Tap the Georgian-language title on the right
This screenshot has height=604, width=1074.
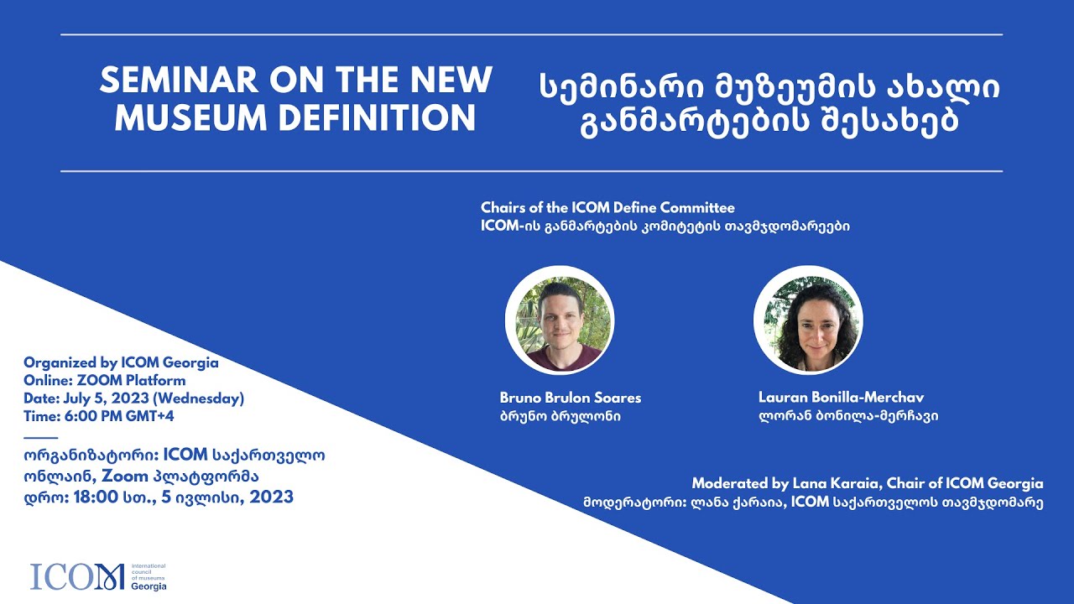[x=769, y=103]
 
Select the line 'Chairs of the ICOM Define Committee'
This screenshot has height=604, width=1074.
[x=607, y=207]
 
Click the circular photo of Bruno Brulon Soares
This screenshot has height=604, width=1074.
[x=560, y=320]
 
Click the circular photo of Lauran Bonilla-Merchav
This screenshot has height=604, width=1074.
[x=808, y=320]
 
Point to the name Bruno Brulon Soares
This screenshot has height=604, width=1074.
[x=570, y=398]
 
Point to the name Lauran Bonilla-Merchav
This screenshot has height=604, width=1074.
[x=840, y=398]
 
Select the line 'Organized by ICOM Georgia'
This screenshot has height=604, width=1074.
[x=121, y=362]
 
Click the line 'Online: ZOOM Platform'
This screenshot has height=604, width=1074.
[x=105, y=380]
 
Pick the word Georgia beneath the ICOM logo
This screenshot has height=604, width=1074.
[x=149, y=586]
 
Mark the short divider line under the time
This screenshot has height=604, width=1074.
[x=41, y=437]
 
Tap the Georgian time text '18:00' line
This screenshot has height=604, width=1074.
[x=159, y=497]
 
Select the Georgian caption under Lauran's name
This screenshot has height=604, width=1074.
[x=847, y=416]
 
